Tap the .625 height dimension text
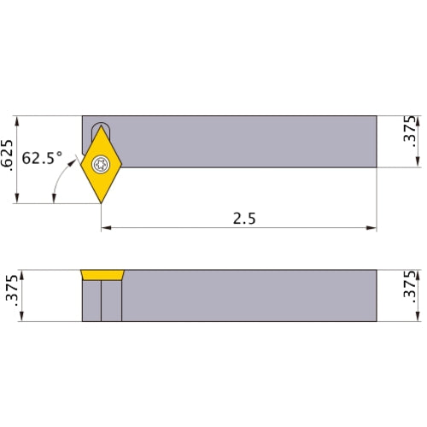tap(9, 159)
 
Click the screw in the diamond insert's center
tap(102, 164)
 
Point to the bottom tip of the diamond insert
tap(102, 202)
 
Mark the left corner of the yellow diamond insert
tap(83, 164)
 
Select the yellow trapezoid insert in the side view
tap(102, 275)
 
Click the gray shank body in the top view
tap(248, 141)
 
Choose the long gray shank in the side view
tap(248, 295)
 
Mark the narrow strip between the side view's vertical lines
tap(111, 301)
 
